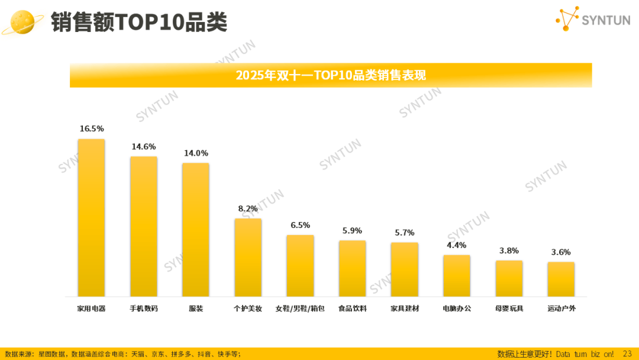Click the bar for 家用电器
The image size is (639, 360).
pos(91,218)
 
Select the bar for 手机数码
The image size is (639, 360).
pos(144,226)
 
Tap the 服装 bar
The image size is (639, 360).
pos(195,230)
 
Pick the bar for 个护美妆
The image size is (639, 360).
pos(248,258)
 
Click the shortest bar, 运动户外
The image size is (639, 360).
pos(561,279)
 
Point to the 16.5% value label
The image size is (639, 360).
pos(92,128)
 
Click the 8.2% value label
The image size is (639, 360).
pos(248,208)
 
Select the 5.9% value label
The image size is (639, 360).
pos(352,230)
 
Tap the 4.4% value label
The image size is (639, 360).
pos(456,245)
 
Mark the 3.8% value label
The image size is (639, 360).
pos(509,250)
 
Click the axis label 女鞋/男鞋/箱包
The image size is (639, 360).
pos(300,308)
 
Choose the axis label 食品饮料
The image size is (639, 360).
pos(352,308)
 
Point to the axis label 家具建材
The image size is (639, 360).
pos(405,308)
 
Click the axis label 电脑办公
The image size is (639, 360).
pos(457,308)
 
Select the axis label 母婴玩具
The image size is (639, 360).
pos(509,308)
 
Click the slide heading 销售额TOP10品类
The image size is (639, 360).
pos(138,22)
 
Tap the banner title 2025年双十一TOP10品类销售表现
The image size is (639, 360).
pos(331,75)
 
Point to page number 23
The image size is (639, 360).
pos(627,353)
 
